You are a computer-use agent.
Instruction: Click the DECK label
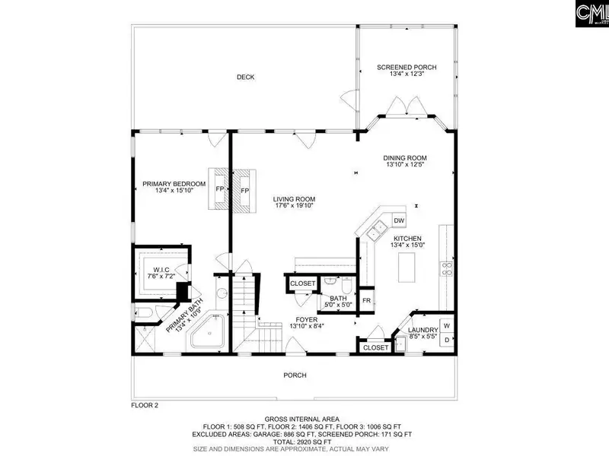(x=245, y=78)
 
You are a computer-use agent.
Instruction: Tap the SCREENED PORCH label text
(x=407, y=68)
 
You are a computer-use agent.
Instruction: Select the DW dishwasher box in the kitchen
(x=399, y=220)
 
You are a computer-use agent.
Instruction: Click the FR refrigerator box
(x=366, y=300)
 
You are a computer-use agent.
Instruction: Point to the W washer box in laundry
(x=447, y=326)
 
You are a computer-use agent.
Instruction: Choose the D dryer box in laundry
(x=447, y=340)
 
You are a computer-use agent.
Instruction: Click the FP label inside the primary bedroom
(x=220, y=189)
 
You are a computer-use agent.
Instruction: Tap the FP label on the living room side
(x=244, y=191)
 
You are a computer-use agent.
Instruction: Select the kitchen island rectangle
(x=407, y=268)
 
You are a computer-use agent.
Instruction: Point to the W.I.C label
(x=161, y=270)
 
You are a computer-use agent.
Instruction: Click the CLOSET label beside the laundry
(x=375, y=348)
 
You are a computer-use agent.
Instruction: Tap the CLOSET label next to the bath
(x=302, y=283)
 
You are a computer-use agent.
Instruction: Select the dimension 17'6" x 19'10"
(x=294, y=205)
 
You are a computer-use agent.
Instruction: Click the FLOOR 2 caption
(x=145, y=406)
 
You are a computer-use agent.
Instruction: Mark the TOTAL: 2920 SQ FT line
(x=301, y=442)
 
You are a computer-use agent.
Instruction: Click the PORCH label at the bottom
(x=295, y=375)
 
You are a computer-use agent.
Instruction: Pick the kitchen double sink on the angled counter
(x=375, y=230)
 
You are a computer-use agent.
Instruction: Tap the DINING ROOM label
(x=405, y=158)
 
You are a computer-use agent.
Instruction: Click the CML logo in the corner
(x=592, y=14)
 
